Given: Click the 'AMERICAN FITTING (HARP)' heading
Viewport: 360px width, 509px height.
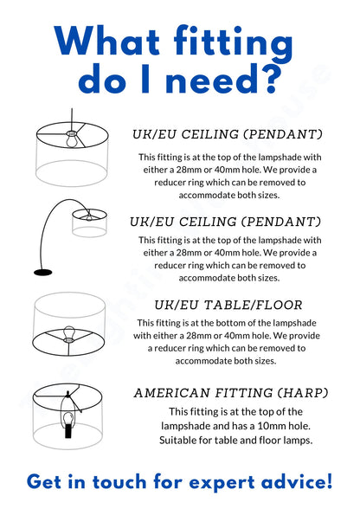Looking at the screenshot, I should click(x=230, y=393).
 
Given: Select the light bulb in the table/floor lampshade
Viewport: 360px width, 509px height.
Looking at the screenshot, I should click(x=70, y=335).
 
